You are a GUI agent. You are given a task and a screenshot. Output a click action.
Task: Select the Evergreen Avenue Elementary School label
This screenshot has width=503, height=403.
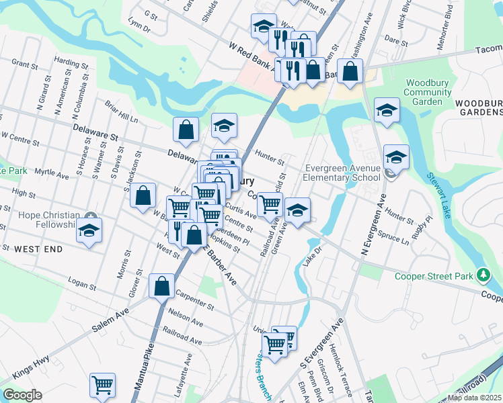pos(342,173)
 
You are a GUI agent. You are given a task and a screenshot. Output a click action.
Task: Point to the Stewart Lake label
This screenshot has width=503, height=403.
pos(444,195)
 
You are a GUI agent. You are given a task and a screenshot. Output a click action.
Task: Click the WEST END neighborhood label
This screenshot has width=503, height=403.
pos(38,249)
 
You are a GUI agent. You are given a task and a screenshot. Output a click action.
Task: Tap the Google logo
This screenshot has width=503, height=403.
pos(22,395)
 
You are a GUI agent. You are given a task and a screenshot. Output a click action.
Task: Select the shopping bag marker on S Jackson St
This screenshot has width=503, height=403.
pos(143,196)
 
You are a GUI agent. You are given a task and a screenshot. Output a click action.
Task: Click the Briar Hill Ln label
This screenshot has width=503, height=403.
pos(121,111)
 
